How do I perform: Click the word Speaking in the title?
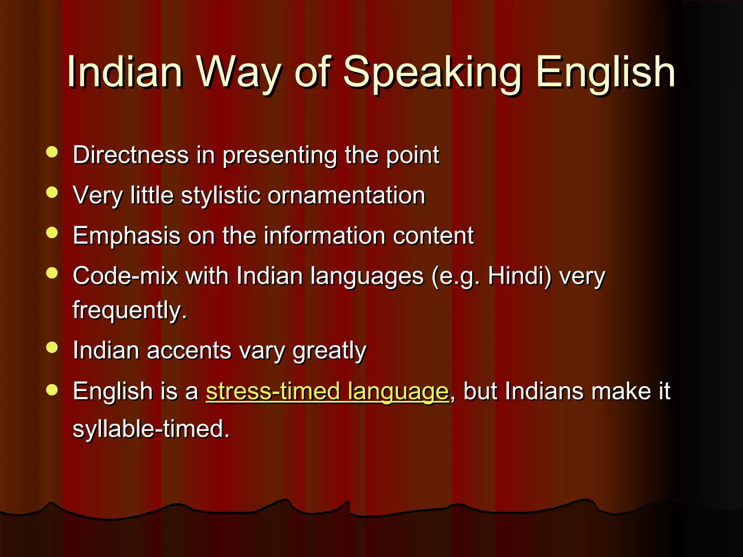pyautogui.click(x=432, y=73)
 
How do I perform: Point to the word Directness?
pyautogui.click(x=131, y=155)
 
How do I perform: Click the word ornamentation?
pyautogui.click(x=346, y=195)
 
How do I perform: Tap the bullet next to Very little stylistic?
pyautogui.click(x=52, y=192)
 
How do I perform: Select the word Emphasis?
pyautogui.click(x=127, y=236)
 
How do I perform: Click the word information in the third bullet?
pyautogui.click(x=325, y=236)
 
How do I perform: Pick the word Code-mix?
pyautogui.click(x=125, y=276)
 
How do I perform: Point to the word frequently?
pyautogui.click(x=130, y=310)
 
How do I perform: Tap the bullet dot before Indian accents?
pyautogui.click(x=52, y=347)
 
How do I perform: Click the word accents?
pyautogui.click(x=189, y=351)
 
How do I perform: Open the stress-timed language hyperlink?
pyautogui.click(x=327, y=392)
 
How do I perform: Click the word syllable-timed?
pyautogui.click(x=151, y=429)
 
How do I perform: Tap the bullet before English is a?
pyautogui.click(x=52, y=389)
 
